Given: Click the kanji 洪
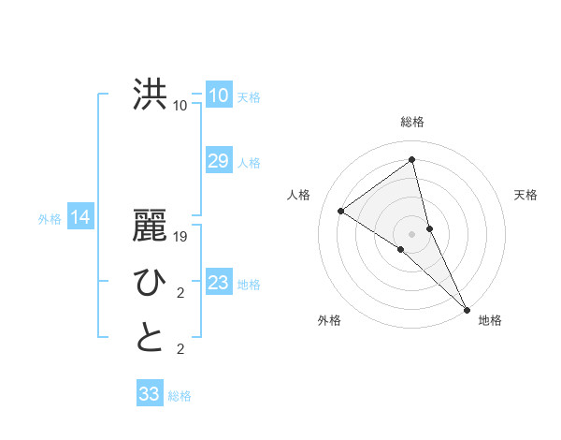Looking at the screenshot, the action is pos(150,95).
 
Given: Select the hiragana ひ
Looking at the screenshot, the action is pos(150,282).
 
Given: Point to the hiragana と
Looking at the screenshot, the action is pos(150,338).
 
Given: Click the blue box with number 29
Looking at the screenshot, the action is pos(218,161).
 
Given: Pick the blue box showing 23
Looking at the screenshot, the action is pos(218,283).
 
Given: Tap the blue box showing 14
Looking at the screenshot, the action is pos(80,218).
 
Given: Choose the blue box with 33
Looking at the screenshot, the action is pos(150,394).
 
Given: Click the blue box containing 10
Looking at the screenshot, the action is pos(218,95).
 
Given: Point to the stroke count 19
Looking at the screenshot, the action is pos(180,237).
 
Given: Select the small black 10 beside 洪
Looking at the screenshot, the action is pos(180,106).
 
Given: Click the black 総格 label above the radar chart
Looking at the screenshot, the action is pos(412,122).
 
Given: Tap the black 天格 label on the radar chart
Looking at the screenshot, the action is pos(525,195).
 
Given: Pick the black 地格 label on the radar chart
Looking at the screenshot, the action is pos(490,320).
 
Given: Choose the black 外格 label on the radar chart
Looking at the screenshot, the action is pos(329,320).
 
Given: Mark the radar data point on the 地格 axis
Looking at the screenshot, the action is pos(467,308).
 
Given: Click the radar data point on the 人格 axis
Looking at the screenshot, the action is pos(340,211).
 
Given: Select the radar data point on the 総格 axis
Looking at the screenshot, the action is pos(412,160).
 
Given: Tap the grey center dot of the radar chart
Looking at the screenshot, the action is pos(412,233).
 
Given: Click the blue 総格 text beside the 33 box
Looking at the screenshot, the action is pos(180,396).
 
